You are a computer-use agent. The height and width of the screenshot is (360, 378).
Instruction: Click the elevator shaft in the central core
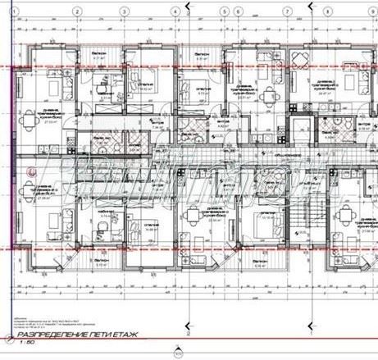pyautogui.click(x=304, y=130)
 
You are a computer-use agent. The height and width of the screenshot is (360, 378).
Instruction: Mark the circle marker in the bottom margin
pyautogui.click(x=175, y=353)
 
